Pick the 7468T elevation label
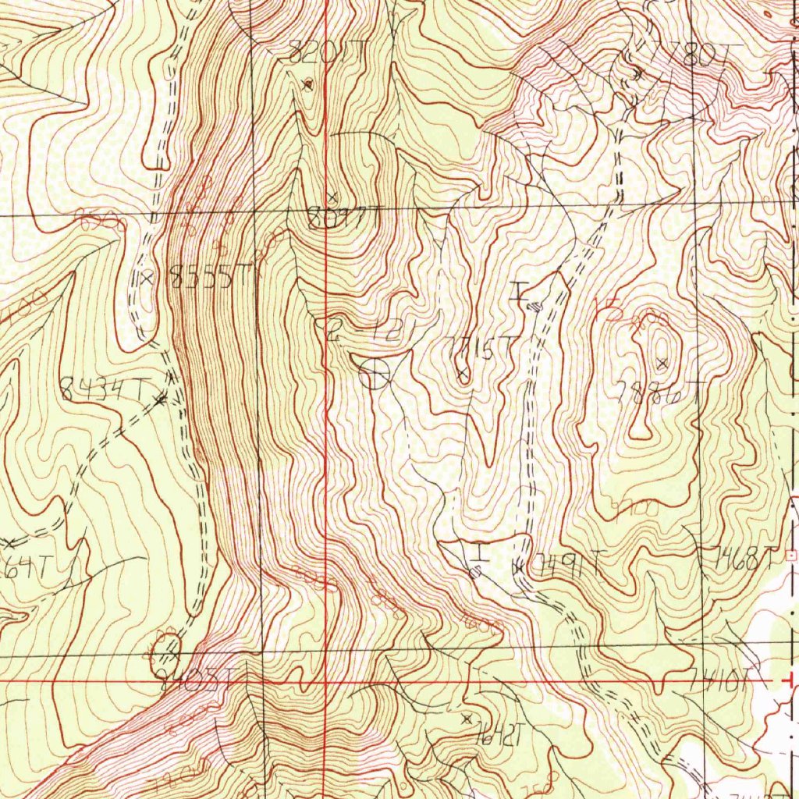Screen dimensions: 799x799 745,557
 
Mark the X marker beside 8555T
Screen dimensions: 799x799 146,278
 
